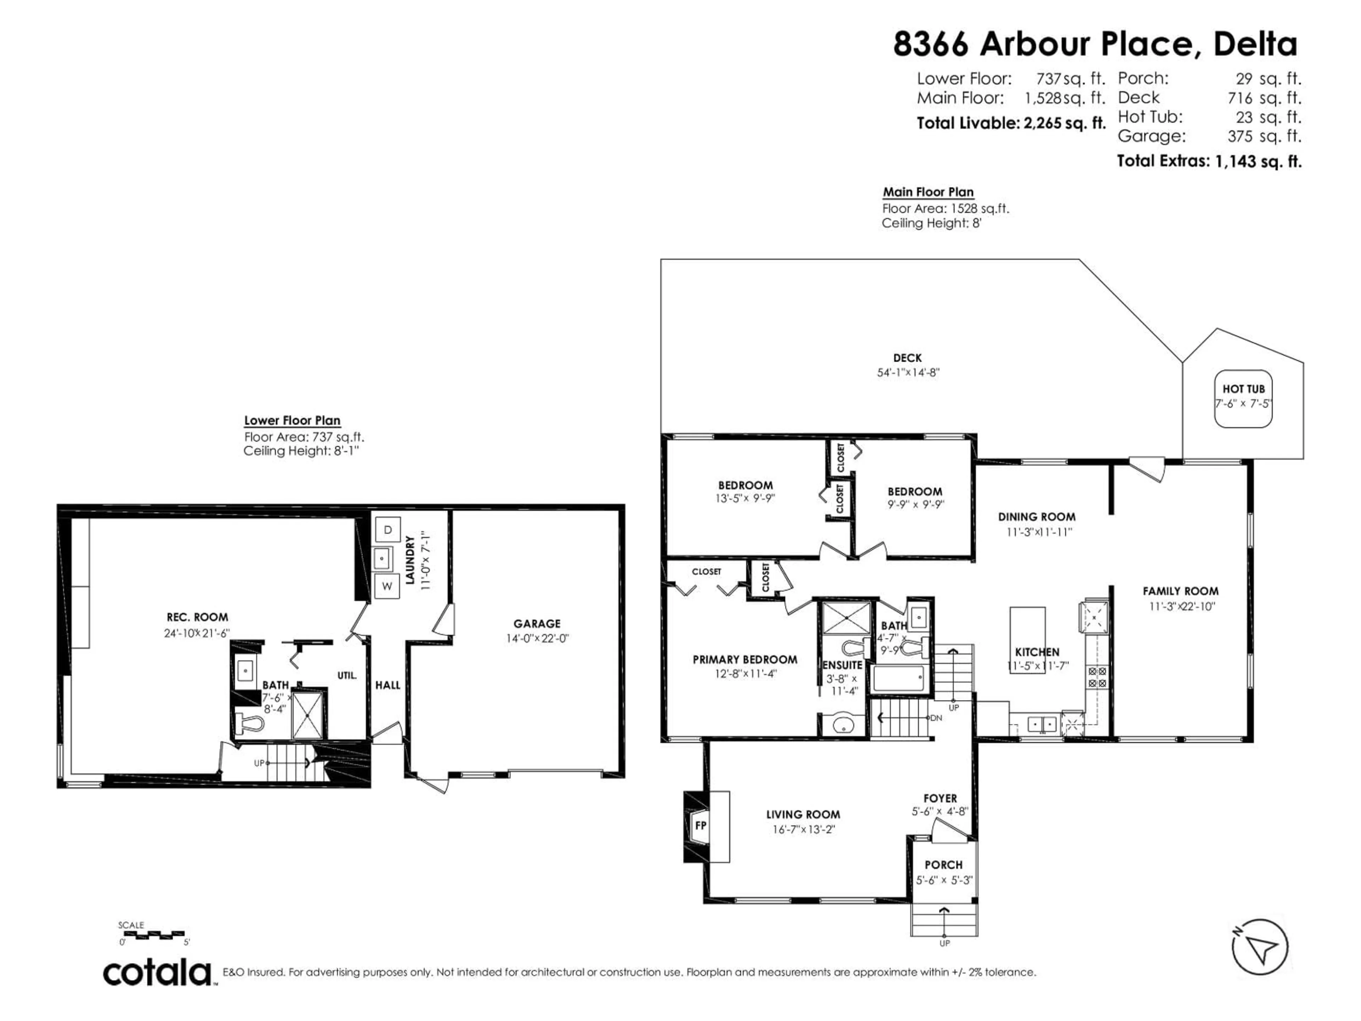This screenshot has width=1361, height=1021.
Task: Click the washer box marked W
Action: tap(387, 586)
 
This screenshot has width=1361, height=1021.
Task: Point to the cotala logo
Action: tap(157, 973)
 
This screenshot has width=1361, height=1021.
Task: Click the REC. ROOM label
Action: tap(197, 617)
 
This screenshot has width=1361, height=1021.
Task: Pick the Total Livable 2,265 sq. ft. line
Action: tap(1011, 123)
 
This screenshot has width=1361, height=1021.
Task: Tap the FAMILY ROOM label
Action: tap(1180, 591)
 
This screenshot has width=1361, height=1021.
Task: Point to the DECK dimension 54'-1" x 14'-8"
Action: tap(908, 372)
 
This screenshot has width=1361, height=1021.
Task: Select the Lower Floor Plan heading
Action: tap(292, 420)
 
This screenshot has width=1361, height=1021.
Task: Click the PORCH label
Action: tap(943, 865)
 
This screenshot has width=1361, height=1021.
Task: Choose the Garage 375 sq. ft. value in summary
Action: tap(1264, 136)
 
